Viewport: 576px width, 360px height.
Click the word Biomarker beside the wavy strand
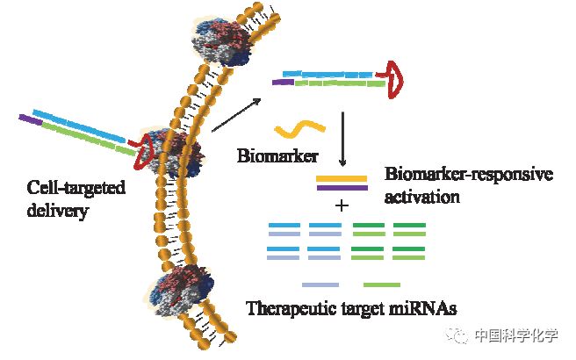click(274, 157)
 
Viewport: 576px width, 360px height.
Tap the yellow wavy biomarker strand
click(301, 129)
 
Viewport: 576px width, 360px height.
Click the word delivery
click(54, 212)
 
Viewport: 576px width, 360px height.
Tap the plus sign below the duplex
click(342, 205)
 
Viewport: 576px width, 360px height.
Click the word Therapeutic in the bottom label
click(286, 307)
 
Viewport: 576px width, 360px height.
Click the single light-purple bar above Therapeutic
click(320, 284)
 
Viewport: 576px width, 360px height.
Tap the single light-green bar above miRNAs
click(381, 284)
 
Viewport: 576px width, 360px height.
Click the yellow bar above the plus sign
click(342, 178)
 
